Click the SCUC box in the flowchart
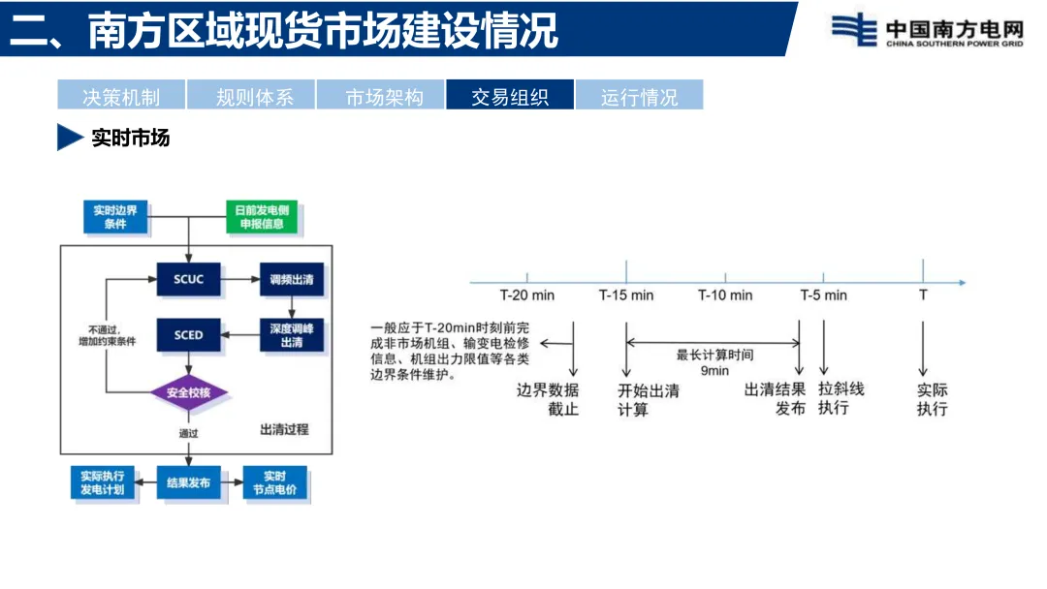188,279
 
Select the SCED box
188,335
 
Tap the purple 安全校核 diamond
188,392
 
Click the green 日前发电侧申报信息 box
262,218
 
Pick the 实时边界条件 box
116,218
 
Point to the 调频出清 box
291,279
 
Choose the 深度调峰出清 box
291,335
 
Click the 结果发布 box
188,482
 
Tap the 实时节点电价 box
275,482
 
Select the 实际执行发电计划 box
102,482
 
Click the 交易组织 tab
510,96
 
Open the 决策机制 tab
121,96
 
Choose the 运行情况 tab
639,96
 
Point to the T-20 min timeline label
526,294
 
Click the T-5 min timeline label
823,294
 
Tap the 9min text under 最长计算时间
714,370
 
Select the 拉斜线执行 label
841,398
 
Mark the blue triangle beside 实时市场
69,138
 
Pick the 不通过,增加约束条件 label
107,335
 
